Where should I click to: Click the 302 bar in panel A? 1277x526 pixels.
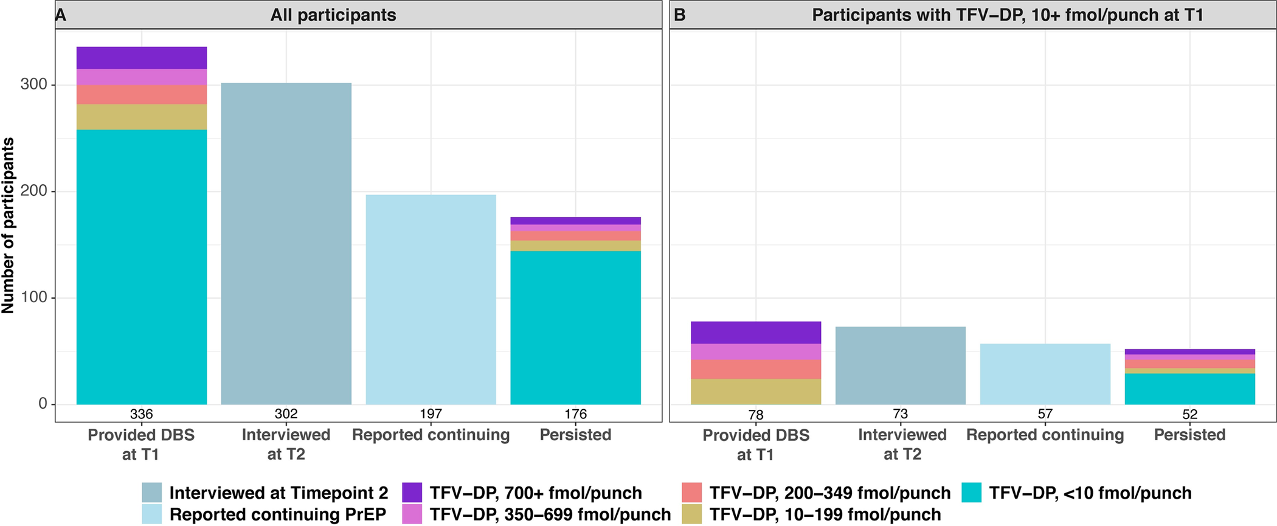pos(286,243)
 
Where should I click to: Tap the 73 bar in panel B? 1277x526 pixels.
pos(900,365)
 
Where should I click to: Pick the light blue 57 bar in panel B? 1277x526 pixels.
pos(1045,374)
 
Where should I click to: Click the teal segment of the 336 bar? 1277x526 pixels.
pos(141,267)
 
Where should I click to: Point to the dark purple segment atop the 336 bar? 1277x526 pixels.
pos(141,58)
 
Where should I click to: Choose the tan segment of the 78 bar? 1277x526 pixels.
pos(755,392)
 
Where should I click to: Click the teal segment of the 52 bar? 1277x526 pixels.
pos(1189,389)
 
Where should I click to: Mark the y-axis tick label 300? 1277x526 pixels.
pos(33,85)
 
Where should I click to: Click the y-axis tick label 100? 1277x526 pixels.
pos(33,297)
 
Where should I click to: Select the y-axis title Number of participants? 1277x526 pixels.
pos(8,226)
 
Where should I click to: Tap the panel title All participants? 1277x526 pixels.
pos(333,15)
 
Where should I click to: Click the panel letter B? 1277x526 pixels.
pos(680,15)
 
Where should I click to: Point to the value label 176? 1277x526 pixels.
pos(575,414)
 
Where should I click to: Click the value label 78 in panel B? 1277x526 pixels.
pos(755,415)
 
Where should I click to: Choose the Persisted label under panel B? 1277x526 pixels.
pos(1189,435)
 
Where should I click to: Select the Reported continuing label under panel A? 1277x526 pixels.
pos(431,435)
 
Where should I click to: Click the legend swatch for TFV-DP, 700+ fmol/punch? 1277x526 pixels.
pos(412,493)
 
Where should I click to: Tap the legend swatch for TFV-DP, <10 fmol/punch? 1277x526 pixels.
pos(972,493)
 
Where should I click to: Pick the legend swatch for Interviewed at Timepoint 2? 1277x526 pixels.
pos(152,493)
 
